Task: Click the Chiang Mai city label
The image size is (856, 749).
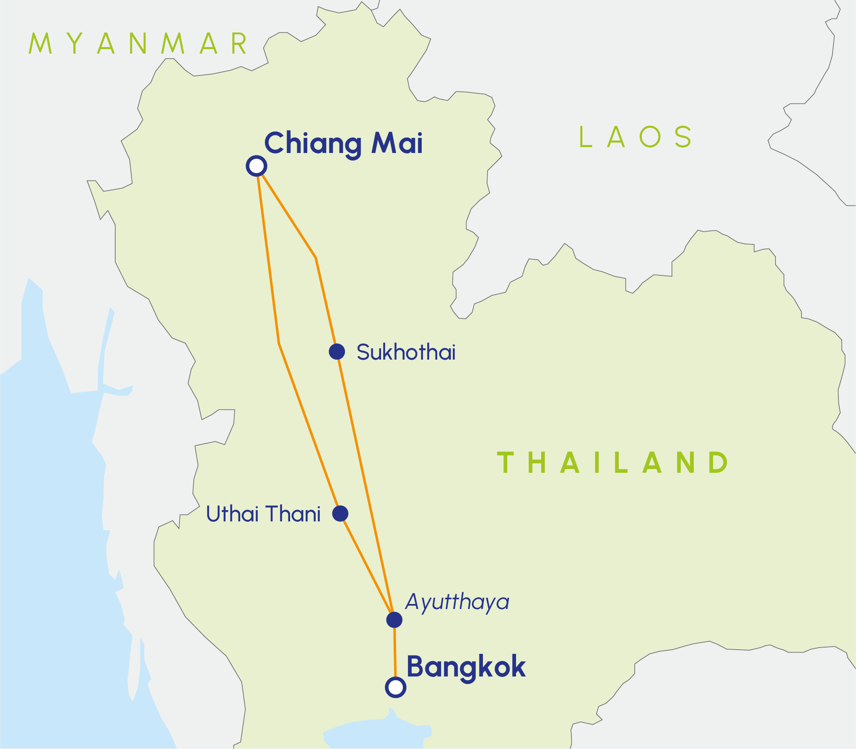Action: [343, 144]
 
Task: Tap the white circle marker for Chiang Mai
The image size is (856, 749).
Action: [257, 166]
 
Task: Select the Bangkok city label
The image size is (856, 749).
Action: [466, 667]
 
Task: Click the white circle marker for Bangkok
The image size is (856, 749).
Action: [395, 687]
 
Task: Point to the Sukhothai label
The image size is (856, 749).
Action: [406, 352]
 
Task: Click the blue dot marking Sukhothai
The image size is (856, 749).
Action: [337, 352]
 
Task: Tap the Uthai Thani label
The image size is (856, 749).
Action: [263, 514]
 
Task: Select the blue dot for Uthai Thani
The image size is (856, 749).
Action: [340, 513]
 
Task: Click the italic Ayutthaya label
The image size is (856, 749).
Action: [457, 602]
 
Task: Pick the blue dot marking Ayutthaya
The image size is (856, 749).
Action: [394, 619]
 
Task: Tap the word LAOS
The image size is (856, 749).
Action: [635, 137]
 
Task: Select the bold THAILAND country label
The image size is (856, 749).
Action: [612, 463]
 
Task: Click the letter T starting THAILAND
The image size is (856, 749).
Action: [506, 463]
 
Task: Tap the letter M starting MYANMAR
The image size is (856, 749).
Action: [40, 44]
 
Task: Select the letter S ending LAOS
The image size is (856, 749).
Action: [683, 137]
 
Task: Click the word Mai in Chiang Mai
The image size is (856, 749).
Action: [397, 143]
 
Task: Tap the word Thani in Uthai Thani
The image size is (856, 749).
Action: [293, 514]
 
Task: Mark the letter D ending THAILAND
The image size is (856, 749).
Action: [718, 463]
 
